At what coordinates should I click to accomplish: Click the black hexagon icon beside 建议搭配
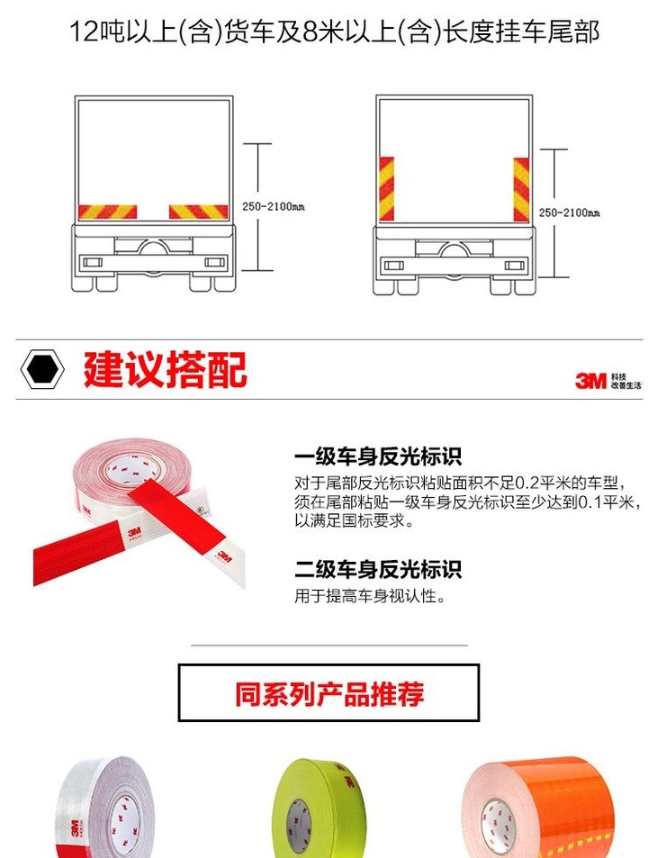42,369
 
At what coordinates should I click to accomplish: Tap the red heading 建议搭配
165,369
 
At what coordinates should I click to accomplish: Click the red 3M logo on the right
590,381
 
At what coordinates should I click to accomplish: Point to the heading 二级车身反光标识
378,570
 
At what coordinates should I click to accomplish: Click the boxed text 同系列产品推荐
328,694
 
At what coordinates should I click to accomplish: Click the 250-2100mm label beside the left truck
273,207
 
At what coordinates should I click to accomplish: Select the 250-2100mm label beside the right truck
569,212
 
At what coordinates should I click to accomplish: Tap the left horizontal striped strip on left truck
108,212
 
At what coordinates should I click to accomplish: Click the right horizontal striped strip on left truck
199,212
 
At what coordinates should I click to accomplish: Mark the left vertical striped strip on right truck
386,188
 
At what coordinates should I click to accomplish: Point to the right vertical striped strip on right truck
521,188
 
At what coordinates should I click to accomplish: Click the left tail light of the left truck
94,262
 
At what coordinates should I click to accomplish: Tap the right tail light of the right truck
514,266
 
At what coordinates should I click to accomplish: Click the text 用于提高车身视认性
370,596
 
